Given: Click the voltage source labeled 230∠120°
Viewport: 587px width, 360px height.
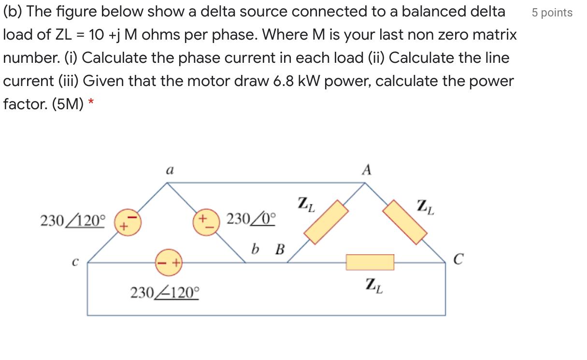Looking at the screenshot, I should click(x=127, y=223).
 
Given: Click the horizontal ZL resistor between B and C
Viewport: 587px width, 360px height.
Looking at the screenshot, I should click(x=370, y=262).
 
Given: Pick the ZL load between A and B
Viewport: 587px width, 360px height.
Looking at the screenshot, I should click(x=326, y=223).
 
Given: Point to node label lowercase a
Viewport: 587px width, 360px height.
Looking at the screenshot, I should click(x=169, y=170).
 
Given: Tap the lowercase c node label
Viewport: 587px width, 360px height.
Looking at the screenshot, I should click(x=75, y=262).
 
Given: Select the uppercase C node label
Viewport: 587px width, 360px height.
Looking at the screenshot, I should click(x=458, y=261).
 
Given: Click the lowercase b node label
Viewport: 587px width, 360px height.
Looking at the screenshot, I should click(x=255, y=249).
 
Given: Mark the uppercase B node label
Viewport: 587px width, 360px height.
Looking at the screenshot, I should click(x=279, y=249).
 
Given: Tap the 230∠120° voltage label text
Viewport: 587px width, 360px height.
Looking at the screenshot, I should click(x=72, y=221).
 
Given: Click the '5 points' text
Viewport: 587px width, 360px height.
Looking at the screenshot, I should click(x=552, y=13).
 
